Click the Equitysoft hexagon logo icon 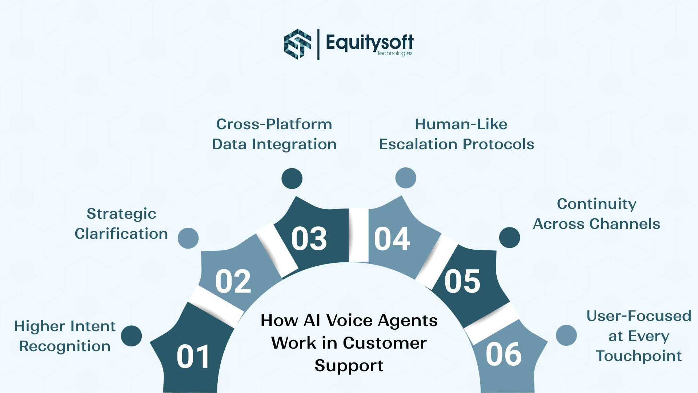pyautogui.click(x=297, y=44)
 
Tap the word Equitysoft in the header pyautogui.click(x=369, y=42)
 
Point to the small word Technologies pyautogui.click(x=394, y=53)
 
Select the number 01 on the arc pyautogui.click(x=193, y=357)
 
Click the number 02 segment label pyautogui.click(x=233, y=281)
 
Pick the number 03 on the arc pyautogui.click(x=309, y=239)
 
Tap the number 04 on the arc pyautogui.click(x=392, y=239)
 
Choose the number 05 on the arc pyautogui.click(x=462, y=281)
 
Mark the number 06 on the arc pyautogui.click(x=504, y=354)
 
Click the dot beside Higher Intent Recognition pyautogui.click(x=131, y=336)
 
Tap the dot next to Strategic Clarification pyautogui.click(x=188, y=238)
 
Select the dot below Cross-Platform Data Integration pyautogui.click(x=292, y=179)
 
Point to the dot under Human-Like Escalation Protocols pyautogui.click(x=406, y=178)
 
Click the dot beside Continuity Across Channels pyautogui.click(x=509, y=238)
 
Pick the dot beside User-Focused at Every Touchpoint pyautogui.click(x=566, y=335)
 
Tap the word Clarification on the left pyautogui.click(x=121, y=234)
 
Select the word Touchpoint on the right pyautogui.click(x=639, y=356)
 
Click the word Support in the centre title pyautogui.click(x=349, y=366)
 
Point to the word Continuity pyautogui.click(x=597, y=204)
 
